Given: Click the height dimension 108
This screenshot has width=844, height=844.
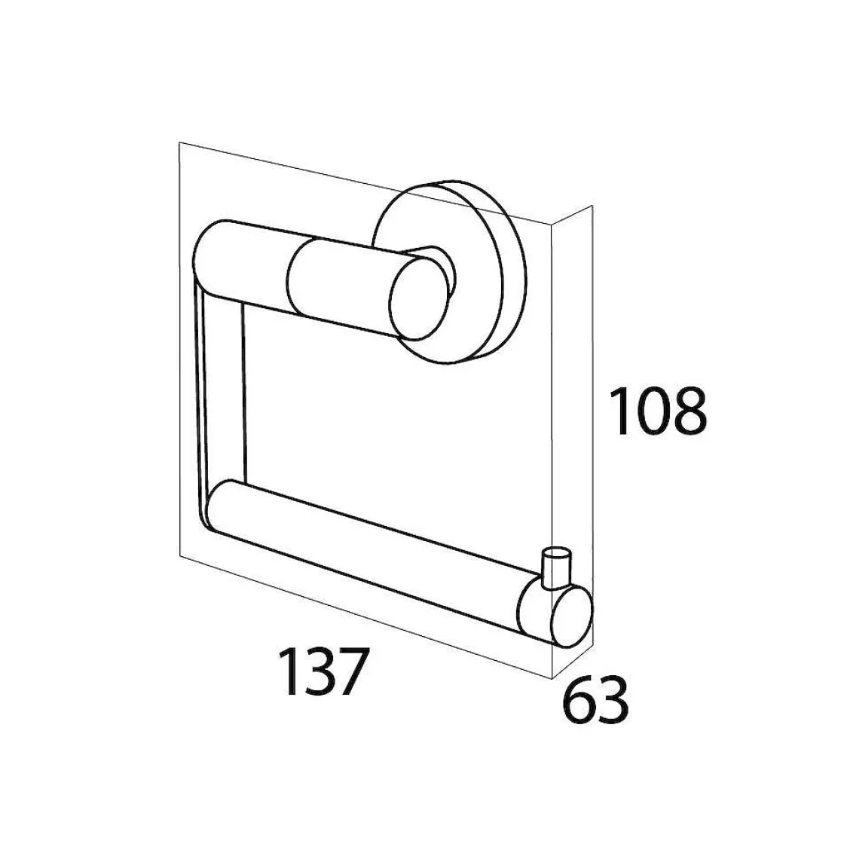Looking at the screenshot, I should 658,411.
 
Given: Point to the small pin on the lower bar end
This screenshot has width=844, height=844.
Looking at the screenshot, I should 555,566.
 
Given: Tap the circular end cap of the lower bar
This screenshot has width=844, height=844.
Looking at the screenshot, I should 570,617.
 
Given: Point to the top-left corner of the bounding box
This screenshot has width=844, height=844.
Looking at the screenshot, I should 179,142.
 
